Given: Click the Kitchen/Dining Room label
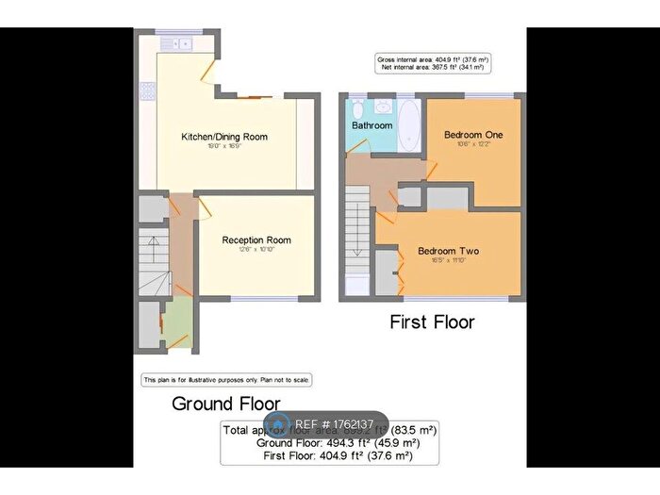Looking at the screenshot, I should click(224, 137).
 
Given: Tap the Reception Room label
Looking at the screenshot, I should click(254, 240).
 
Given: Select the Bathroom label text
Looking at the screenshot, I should click(371, 125).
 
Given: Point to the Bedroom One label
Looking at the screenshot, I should click(473, 135).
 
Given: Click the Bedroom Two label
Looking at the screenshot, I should click(448, 251).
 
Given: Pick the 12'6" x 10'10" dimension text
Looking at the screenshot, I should click(254, 250).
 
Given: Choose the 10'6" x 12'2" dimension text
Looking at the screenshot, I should click(473, 144).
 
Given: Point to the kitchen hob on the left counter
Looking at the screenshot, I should click(147, 91).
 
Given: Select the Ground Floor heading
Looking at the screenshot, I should click(225, 404).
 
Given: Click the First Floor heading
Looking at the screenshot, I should click(433, 322).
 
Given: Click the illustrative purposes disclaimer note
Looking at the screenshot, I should click(226, 380).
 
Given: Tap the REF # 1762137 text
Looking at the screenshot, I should click(335, 424).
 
